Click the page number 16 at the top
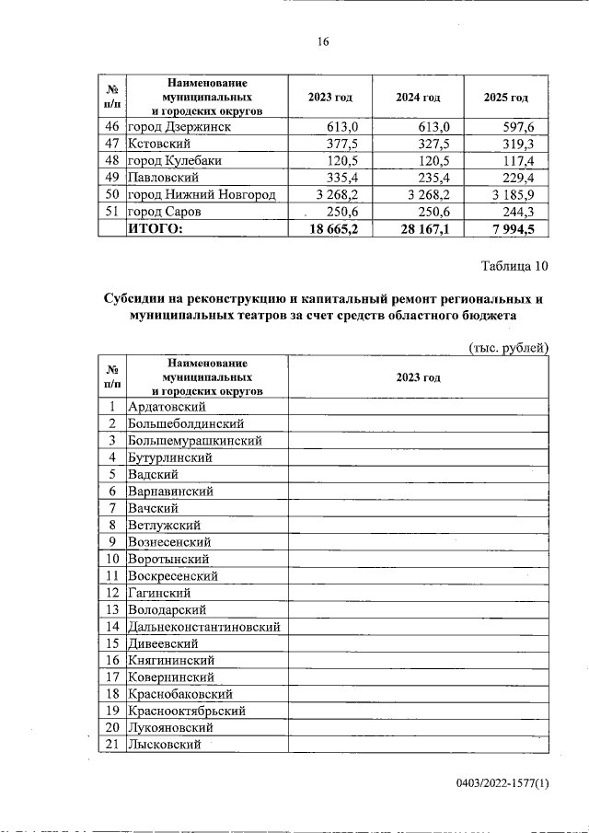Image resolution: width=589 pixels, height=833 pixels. pos(322,41)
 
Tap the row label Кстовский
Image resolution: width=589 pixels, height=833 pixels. pos(158,145)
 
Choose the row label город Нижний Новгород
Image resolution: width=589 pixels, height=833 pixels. pos(202,195)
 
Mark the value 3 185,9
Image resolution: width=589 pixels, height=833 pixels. pos(521,195)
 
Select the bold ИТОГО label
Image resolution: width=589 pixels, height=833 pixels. pos(156,229)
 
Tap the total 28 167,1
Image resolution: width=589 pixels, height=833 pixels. pos(422,229)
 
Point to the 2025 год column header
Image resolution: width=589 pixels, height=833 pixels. pos(505,97)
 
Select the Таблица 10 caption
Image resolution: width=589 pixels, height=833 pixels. pos(514,267)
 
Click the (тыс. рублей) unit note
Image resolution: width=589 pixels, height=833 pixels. pos(509,347)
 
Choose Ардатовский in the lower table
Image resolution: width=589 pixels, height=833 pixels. pos(167,406)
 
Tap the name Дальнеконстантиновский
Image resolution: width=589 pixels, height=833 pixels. pos(203,626)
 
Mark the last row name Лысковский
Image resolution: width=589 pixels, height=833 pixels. pos(165,745)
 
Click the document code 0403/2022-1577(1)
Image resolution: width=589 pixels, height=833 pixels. pos(502,783)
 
